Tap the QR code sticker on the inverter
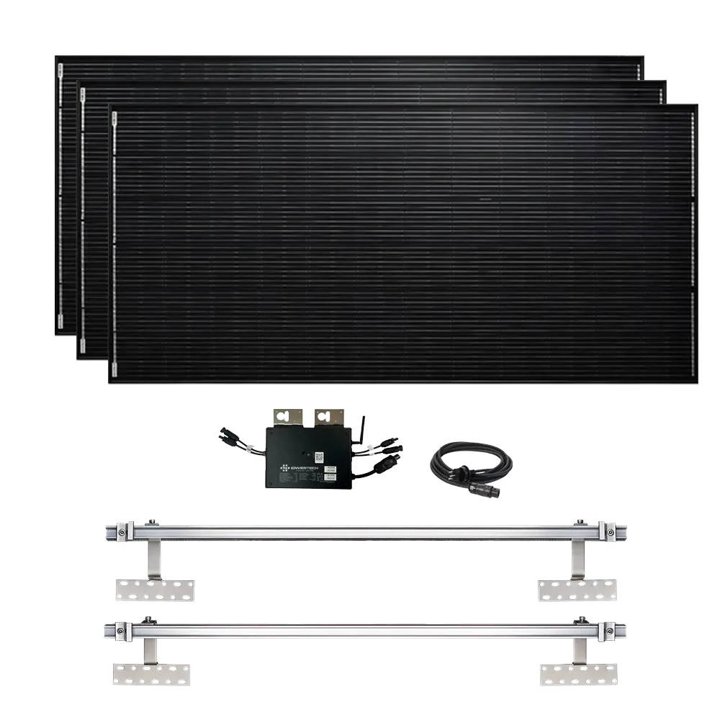point(318,456)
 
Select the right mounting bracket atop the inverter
point(328,418)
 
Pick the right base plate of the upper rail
point(579,590)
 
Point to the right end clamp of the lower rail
point(611,631)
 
